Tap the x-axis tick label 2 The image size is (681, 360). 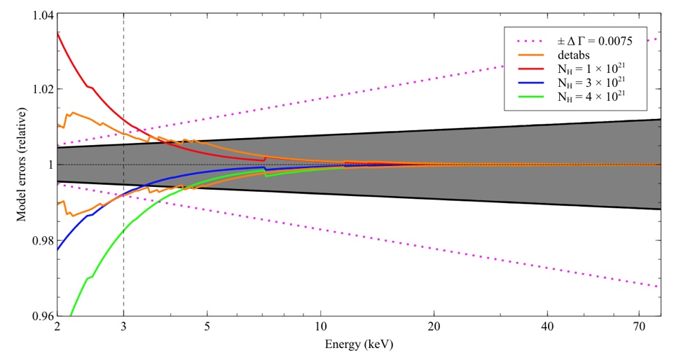point(57,327)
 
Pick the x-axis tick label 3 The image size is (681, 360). point(123,327)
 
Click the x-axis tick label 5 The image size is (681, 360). point(207,327)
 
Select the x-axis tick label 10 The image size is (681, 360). point(321,327)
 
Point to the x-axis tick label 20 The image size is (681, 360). point(434,327)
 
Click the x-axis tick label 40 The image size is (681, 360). point(548,327)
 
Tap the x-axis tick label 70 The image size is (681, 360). point(640,327)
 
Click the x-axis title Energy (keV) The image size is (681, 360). point(359,345)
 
